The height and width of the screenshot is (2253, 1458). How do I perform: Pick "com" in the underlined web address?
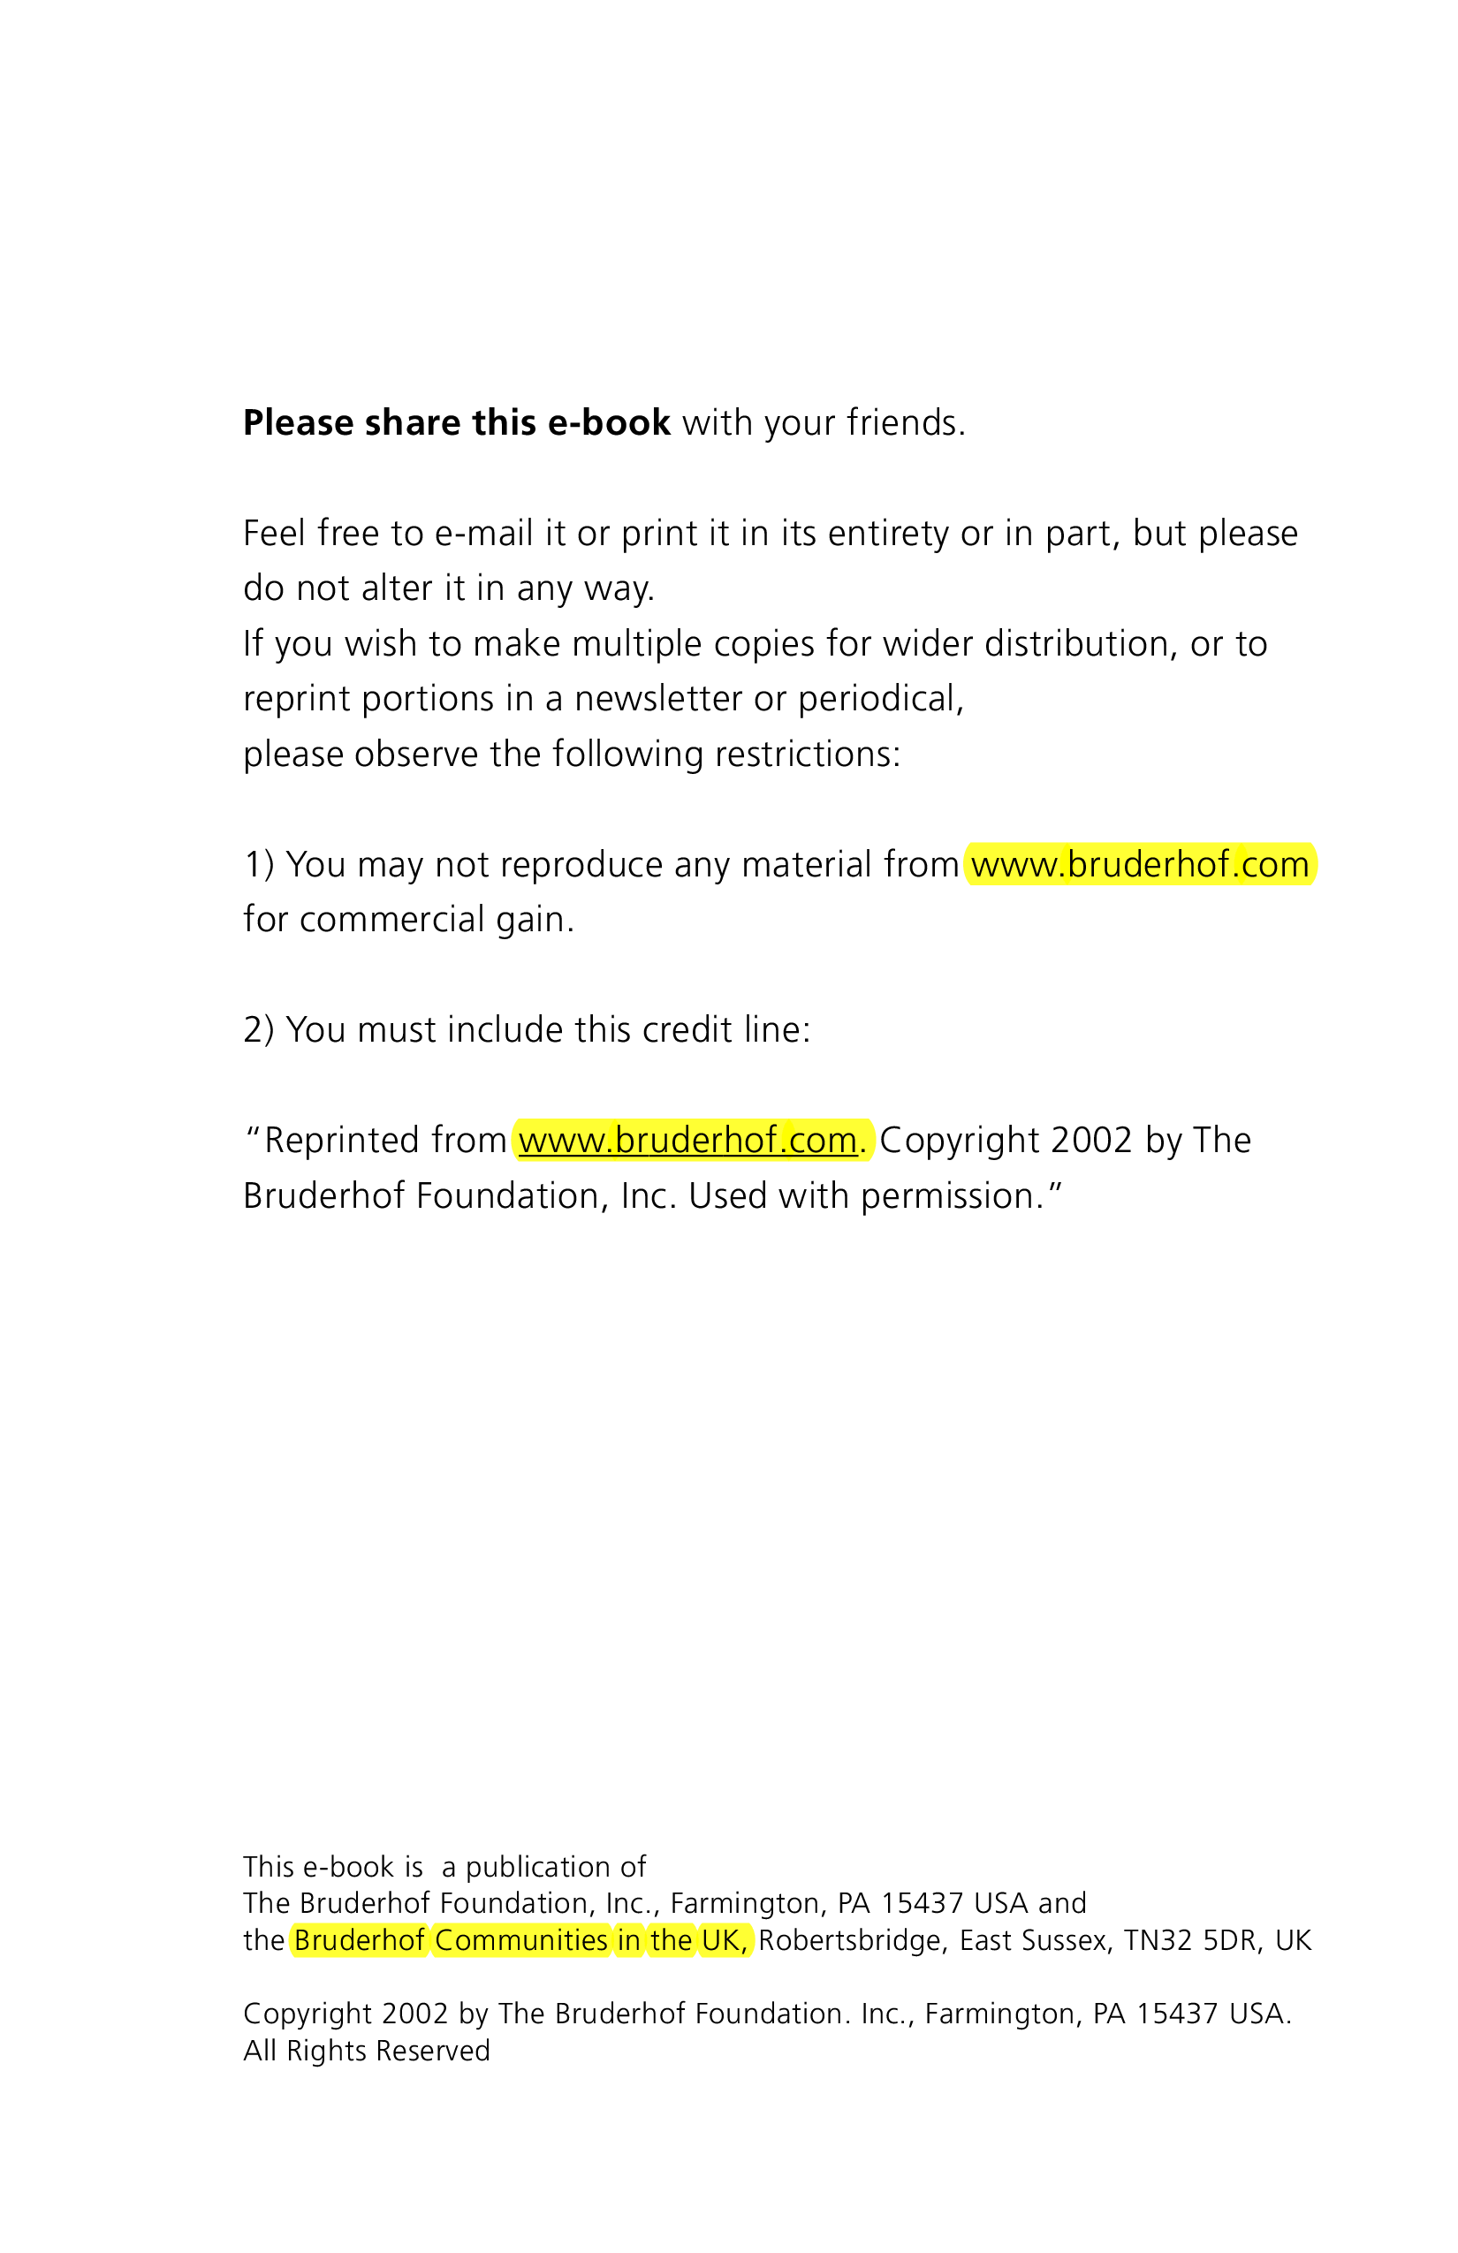point(823,1141)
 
